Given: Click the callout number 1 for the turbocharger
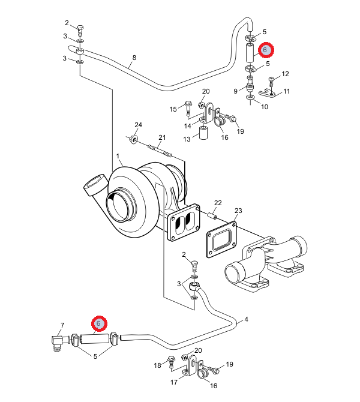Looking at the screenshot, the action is pos(118,156).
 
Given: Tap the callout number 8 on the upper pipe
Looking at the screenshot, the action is pos(134,58).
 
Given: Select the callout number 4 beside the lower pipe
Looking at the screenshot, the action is pos(246,319).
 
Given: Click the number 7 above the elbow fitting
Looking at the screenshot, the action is pos(62,325).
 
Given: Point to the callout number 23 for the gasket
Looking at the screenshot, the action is pos(238,211).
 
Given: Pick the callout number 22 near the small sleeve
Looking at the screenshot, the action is pos(218,203).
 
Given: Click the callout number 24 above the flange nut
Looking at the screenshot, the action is pos(138,125).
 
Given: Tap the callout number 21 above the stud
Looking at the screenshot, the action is pos(162,137).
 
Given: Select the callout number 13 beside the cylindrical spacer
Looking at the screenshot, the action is pos(187,139).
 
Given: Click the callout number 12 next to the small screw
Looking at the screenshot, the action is pos(285,74).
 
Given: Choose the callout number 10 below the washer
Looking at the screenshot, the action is pos(265,107).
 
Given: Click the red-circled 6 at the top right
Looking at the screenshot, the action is pos(266,50).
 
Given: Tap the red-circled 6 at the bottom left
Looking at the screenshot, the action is pos(99,323).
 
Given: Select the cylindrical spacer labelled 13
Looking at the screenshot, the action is pos(203,133).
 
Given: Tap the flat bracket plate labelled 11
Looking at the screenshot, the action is pos(266,92).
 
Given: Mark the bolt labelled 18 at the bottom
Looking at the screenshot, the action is pos(171,363).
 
